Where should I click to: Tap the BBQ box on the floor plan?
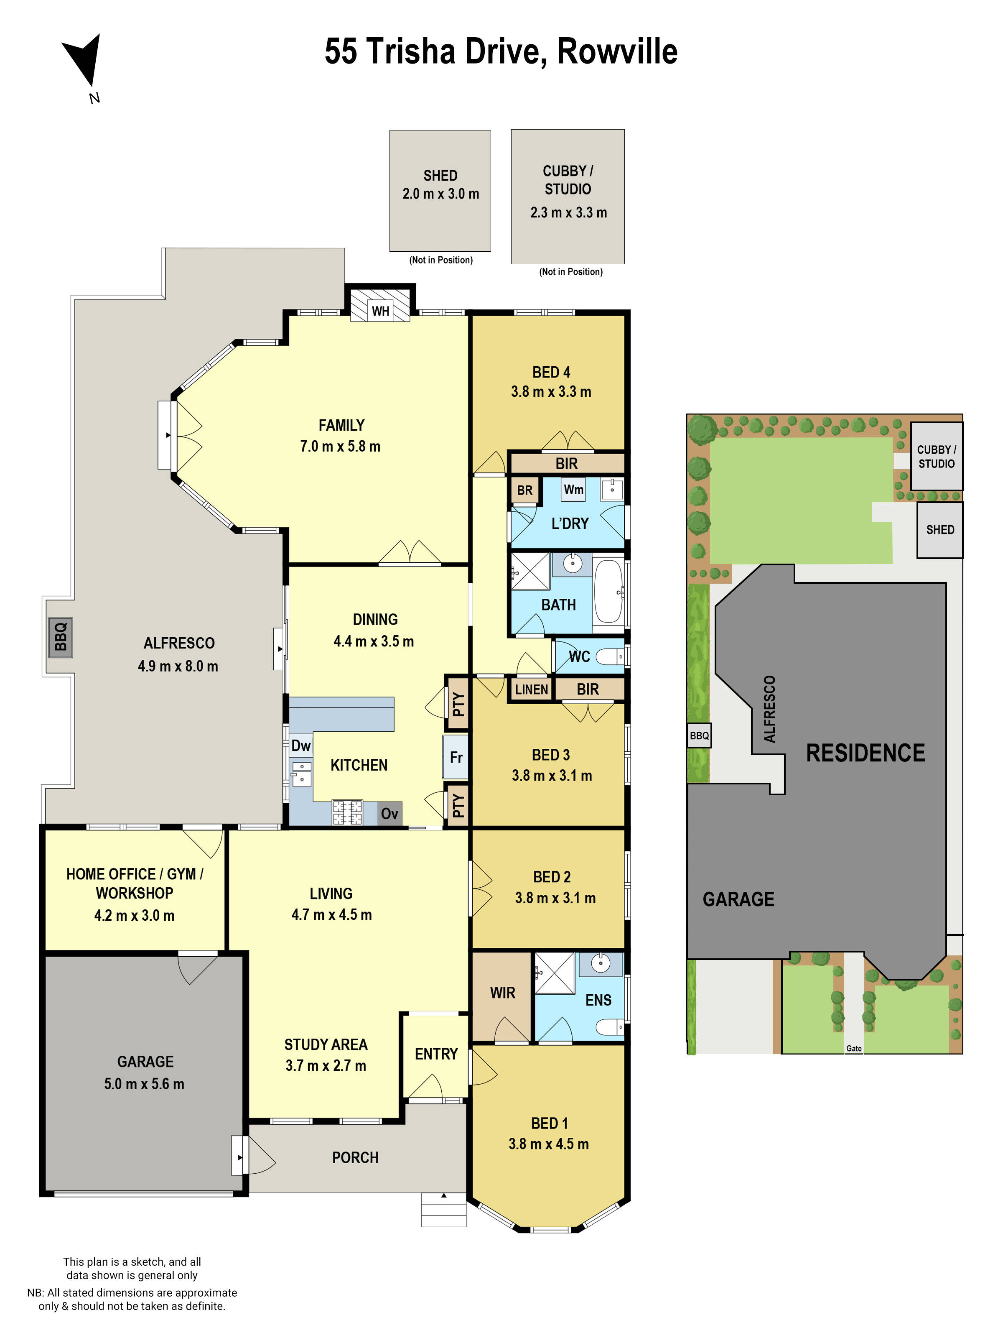coord(61,637)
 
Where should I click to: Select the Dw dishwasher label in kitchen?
coord(300,745)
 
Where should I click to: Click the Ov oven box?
coord(389,814)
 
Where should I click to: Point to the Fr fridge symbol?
coord(456,757)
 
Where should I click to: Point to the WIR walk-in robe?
coord(502,993)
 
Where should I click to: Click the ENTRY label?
coord(436,1054)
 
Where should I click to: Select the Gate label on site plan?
coord(854,1048)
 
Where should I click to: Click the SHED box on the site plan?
coord(939,530)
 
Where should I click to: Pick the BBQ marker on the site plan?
coord(699,735)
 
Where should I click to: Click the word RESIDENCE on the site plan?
coord(865,753)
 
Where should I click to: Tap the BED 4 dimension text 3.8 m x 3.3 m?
coord(551,391)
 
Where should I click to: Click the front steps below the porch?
coord(444,1210)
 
